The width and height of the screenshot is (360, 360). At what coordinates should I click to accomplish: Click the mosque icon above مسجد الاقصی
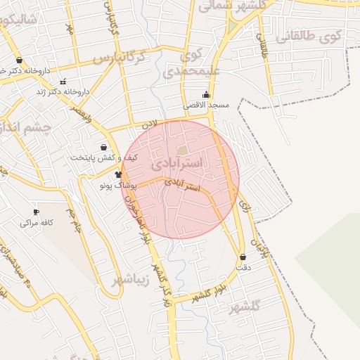[x=206, y=94]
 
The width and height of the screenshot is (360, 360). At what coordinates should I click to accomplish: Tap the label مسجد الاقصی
[x=206, y=105]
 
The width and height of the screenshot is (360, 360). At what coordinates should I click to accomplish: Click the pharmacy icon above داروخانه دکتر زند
[x=64, y=82]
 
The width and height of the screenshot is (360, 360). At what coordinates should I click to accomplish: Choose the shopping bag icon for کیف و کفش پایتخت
[x=104, y=148]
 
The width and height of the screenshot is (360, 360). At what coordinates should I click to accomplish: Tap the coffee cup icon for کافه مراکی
[x=36, y=212]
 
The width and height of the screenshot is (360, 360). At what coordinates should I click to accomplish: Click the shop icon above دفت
[x=243, y=257]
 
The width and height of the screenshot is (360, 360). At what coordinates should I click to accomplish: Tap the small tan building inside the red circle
[x=183, y=150]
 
